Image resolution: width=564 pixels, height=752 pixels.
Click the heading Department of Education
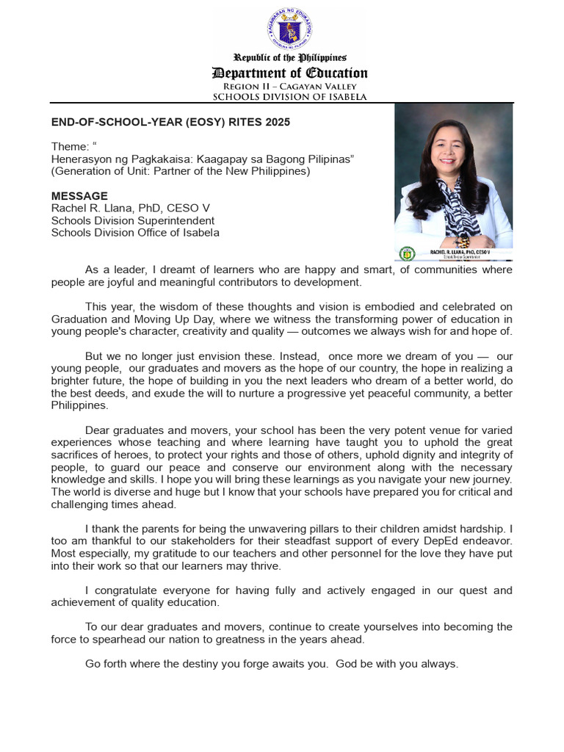290,73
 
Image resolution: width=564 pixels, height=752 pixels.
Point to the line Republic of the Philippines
290,57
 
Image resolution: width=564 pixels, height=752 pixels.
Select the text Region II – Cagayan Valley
290,86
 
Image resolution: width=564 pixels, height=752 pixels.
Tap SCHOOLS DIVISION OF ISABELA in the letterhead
290,97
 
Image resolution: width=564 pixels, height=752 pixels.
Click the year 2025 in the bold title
277,122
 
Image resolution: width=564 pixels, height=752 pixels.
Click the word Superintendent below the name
178,220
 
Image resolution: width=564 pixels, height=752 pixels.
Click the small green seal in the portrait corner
406,253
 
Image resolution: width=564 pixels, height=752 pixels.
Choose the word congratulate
129,590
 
